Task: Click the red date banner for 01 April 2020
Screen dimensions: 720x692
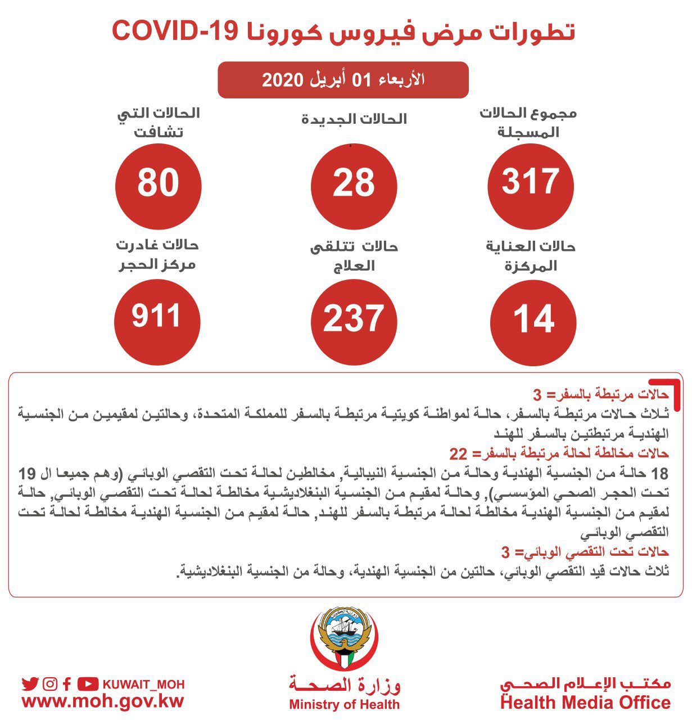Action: point(343,80)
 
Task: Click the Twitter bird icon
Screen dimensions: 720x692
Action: point(30,684)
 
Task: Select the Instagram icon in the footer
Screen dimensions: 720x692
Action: point(50,684)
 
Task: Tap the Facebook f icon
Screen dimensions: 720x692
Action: point(67,684)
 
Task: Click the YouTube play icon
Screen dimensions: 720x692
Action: point(88,684)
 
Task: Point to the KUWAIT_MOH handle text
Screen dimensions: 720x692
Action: point(143,685)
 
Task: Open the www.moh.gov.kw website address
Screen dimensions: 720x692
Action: point(103,701)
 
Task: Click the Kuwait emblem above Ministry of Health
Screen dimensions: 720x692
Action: point(344,636)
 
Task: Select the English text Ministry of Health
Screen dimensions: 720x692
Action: point(344,704)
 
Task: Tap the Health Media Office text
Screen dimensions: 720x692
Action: point(585,703)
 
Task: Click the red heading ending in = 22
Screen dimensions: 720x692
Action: point(559,453)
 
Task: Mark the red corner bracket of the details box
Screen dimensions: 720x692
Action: point(673,388)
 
